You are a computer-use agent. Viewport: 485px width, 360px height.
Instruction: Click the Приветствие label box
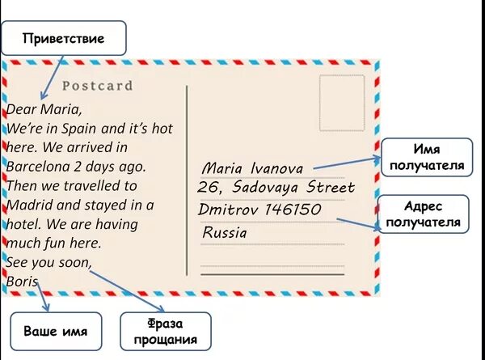tap(64, 38)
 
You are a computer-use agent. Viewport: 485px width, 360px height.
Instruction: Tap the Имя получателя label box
tap(426, 158)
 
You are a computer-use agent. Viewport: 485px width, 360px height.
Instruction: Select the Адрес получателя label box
tap(423, 214)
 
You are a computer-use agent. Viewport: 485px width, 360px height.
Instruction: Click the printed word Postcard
tap(98, 86)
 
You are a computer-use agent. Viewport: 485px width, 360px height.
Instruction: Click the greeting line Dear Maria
tap(44, 108)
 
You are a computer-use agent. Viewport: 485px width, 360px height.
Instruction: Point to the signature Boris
tap(22, 282)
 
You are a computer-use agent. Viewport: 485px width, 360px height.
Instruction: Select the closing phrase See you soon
tap(48, 263)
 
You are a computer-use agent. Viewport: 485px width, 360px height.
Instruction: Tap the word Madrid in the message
tap(31, 205)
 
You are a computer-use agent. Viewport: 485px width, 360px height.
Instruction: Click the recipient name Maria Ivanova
tap(252, 169)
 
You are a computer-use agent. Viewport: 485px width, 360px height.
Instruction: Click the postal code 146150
tap(293, 210)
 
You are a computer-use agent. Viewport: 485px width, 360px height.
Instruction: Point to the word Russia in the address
tap(225, 232)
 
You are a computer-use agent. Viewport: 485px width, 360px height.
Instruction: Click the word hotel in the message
tap(23, 224)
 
